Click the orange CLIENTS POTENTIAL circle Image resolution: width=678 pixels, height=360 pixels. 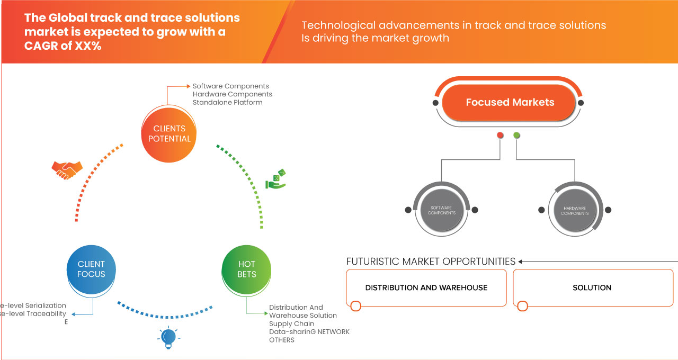169,133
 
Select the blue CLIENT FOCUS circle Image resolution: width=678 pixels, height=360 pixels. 91,269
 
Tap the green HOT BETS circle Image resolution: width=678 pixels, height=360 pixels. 247,269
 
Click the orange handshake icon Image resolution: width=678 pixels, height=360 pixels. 67,170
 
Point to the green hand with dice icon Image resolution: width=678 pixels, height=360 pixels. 275,179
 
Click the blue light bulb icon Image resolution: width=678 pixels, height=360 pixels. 168,338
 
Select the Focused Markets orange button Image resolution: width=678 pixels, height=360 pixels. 509,102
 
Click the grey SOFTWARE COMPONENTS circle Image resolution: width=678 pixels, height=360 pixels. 442,210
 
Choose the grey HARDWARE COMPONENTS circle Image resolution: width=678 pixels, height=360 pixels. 575,210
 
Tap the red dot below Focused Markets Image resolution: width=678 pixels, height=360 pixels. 500,136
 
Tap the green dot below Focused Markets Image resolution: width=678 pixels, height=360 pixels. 517,136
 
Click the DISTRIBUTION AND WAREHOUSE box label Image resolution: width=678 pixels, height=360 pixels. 426,287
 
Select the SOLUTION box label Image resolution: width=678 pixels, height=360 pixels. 592,287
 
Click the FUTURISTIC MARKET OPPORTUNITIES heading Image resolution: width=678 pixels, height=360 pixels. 431,262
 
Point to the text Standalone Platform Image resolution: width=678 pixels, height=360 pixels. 227,102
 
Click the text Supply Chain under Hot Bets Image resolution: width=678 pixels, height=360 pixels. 291,323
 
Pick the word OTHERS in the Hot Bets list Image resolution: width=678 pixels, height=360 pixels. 281,340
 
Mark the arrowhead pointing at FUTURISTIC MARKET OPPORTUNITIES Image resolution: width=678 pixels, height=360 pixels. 521,262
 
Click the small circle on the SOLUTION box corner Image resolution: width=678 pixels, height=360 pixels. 522,306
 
